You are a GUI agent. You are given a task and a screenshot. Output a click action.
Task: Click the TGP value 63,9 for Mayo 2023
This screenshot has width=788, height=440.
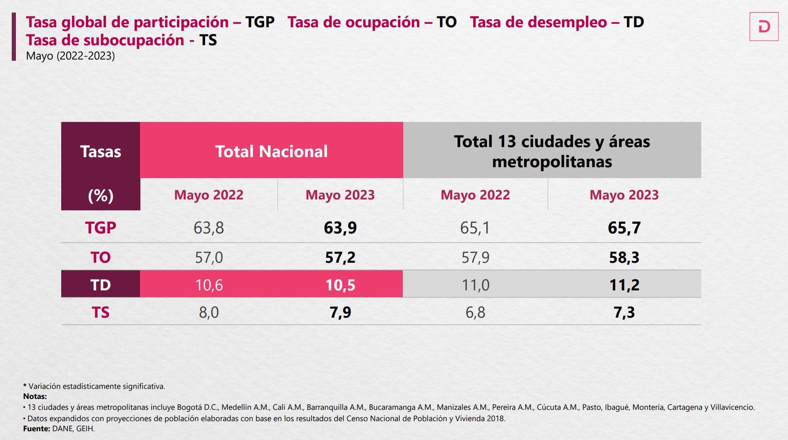(x=340, y=228)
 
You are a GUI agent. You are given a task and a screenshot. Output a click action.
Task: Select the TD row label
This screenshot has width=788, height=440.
(x=101, y=285)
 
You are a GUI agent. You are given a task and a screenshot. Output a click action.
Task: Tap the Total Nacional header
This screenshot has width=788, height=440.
(x=271, y=151)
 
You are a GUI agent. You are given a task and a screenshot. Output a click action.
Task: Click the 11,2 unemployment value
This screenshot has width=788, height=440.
(x=624, y=285)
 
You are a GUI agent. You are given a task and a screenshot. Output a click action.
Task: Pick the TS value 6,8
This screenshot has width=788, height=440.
(x=475, y=313)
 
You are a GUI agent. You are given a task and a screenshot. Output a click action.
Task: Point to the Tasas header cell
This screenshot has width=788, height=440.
(x=101, y=151)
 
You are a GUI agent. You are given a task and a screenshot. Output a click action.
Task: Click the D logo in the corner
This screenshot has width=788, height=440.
(x=764, y=27)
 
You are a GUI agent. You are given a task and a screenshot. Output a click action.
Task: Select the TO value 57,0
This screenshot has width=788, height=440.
(x=209, y=257)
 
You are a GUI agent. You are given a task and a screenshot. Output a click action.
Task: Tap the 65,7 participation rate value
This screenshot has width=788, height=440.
(x=624, y=228)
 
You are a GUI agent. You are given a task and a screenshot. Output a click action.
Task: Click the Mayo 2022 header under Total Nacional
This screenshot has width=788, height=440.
(x=209, y=195)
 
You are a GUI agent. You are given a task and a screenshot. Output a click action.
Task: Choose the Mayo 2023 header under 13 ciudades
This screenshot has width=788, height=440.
(x=624, y=195)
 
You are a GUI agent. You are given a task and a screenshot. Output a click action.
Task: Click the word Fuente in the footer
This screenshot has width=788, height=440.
(x=36, y=429)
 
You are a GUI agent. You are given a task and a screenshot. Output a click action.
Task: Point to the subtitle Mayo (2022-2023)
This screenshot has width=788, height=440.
(x=70, y=56)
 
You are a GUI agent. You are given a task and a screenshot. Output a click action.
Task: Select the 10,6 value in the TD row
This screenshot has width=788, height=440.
(x=209, y=285)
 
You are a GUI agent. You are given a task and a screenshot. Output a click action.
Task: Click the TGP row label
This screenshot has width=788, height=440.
(x=101, y=228)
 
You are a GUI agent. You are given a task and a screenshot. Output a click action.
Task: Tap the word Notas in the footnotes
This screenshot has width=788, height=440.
(x=35, y=396)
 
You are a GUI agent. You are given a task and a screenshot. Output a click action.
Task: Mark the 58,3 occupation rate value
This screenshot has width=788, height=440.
(x=624, y=257)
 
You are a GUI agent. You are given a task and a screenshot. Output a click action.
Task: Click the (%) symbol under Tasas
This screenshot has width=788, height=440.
(x=101, y=196)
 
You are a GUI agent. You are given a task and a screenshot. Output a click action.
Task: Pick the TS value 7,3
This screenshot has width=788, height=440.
(x=624, y=313)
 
